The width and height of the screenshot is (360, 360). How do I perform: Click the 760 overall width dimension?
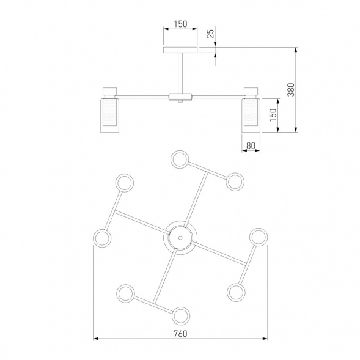(180, 334)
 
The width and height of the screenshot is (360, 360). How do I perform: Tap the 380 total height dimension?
(291, 89)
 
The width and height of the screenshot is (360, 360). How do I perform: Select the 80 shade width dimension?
(251, 145)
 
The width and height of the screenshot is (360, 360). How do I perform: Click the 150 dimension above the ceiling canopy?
(180, 24)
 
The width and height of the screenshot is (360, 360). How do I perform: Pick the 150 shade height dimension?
(273, 115)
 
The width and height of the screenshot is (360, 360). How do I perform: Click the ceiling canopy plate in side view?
(180, 50)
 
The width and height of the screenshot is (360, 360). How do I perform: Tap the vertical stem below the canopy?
(180, 73)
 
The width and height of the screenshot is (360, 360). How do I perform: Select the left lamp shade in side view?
(110, 116)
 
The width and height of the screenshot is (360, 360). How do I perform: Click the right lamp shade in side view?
(251, 116)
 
